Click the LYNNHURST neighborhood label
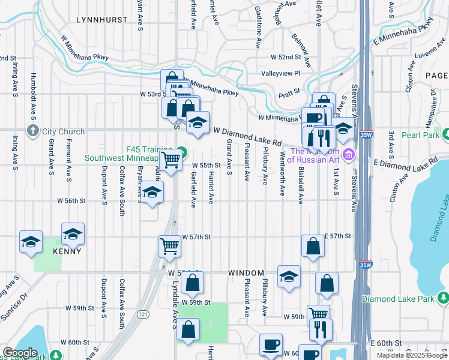pos(102,20)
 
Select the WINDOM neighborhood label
pos(246,273)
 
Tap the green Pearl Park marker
pos(444,133)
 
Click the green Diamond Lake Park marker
pos(443,298)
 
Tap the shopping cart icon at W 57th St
pos(170,245)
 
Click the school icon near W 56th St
pos(152,192)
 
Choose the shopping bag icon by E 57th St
pos(313,245)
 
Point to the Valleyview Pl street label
pos(280,73)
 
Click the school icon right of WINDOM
pos(289,277)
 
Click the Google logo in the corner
pos(20,352)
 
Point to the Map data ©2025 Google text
pos(412,355)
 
